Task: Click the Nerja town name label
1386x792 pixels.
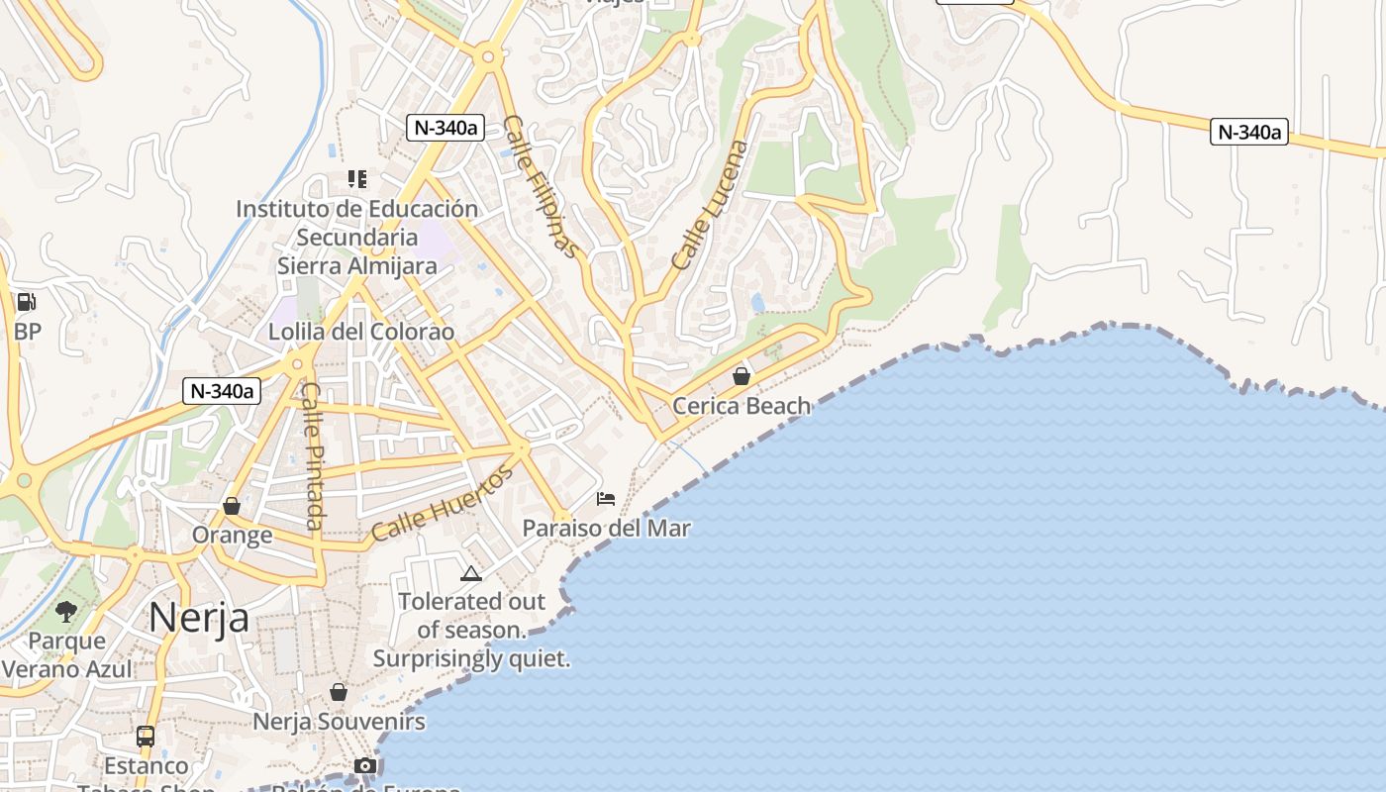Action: (198, 618)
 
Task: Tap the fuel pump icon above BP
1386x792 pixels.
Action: (27, 302)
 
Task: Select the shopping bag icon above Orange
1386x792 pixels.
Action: (232, 506)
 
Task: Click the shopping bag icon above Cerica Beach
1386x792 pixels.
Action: (741, 376)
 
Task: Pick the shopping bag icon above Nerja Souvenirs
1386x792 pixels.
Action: (339, 692)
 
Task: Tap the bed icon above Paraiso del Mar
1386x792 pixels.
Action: (606, 498)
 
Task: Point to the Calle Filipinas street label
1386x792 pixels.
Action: (541, 187)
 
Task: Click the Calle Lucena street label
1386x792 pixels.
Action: (710, 206)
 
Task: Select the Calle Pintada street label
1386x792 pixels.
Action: (313, 455)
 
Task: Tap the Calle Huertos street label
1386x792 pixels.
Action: (443, 504)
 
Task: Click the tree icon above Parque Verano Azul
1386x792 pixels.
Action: (66, 611)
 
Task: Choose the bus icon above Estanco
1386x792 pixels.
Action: (146, 737)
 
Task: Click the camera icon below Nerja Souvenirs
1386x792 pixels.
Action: (365, 765)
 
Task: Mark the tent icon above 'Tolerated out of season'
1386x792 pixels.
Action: (471, 572)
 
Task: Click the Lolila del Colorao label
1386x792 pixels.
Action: (361, 332)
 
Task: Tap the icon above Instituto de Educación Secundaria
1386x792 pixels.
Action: (357, 179)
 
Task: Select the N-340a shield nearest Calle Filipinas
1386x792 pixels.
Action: (445, 127)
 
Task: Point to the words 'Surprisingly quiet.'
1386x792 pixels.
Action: (472, 658)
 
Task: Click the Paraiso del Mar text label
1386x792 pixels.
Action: (606, 528)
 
